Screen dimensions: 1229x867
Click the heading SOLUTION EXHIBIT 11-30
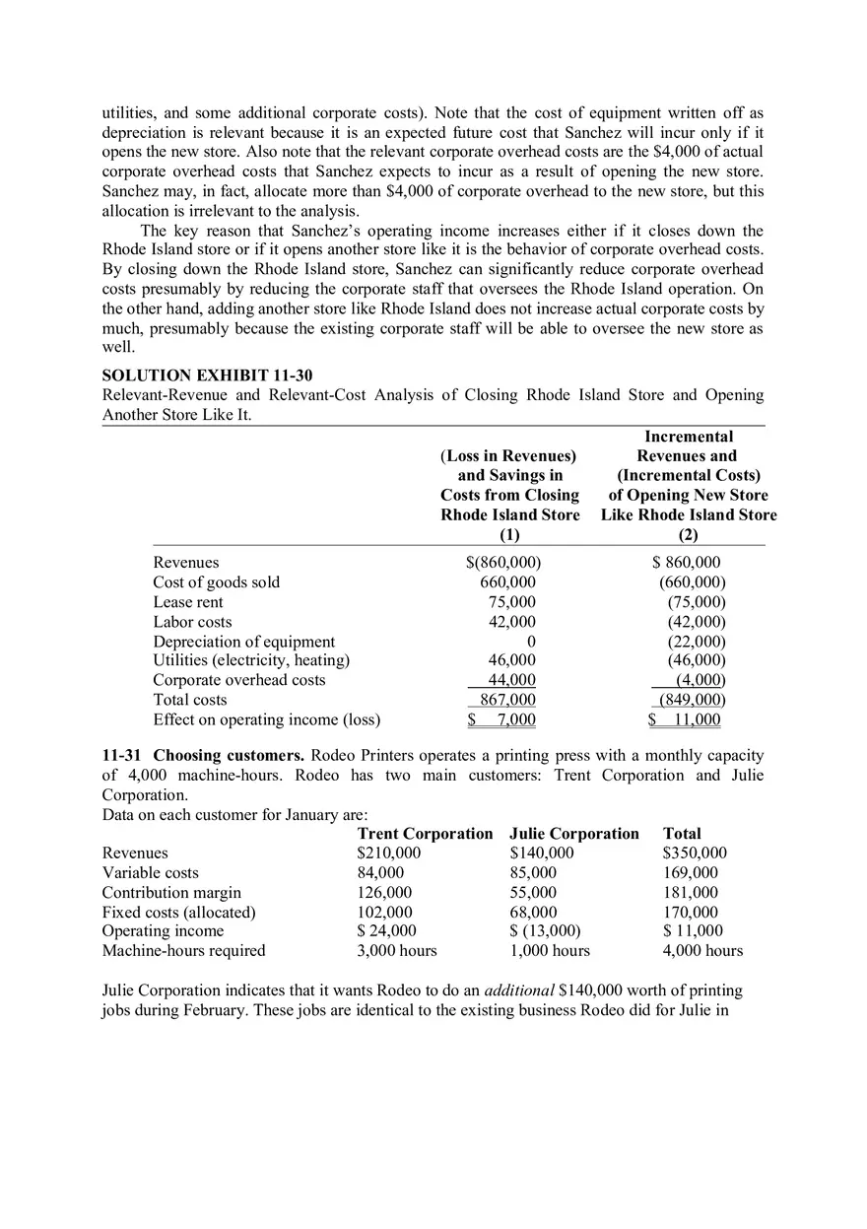(207, 376)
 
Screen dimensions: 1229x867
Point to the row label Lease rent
(188, 602)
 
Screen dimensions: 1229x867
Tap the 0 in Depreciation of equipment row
(531, 642)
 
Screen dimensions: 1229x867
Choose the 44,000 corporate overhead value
(512, 680)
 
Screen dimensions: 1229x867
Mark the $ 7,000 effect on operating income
(502, 719)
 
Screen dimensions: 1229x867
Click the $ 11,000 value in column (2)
(686, 719)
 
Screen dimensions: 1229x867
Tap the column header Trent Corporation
(425, 834)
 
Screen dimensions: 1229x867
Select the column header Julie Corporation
(574, 834)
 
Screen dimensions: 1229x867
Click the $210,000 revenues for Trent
(388, 853)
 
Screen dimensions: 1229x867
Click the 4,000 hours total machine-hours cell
(702, 951)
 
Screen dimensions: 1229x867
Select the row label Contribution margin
(171, 892)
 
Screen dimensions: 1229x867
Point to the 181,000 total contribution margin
(691, 892)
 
